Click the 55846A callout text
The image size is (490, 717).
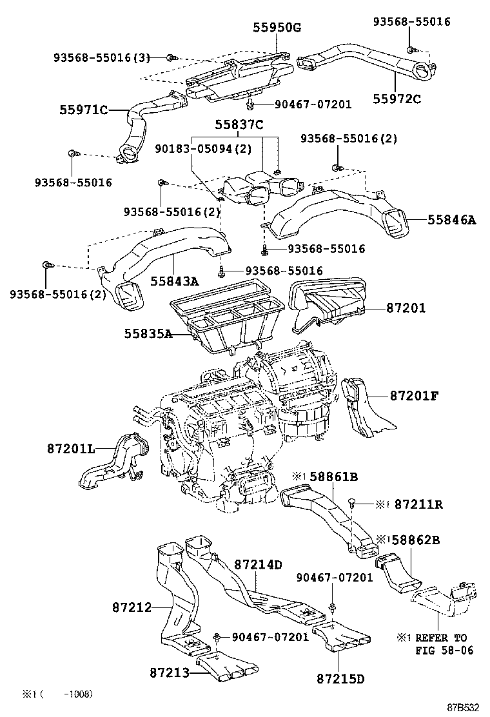coord(451,220)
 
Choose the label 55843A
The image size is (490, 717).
coord(175,280)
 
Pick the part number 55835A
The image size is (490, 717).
coord(148,333)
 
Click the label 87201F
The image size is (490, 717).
coord(413,395)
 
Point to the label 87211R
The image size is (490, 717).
coord(418,504)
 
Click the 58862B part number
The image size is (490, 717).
coord(415,538)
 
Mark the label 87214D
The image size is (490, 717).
coord(258,564)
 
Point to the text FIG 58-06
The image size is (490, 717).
coord(444,650)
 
